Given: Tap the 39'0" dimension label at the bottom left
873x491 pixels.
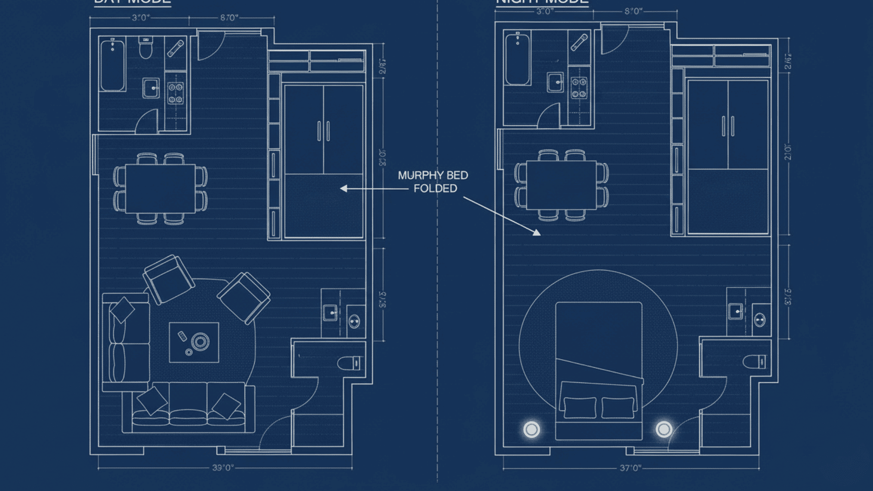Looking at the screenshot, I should pyautogui.click(x=223, y=468).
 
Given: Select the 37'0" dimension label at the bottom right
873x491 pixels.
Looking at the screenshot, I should pyautogui.click(x=630, y=468).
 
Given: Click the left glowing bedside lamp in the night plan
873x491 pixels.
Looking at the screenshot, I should pyautogui.click(x=532, y=429).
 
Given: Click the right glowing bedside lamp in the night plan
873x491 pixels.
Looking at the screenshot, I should pyautogui.click(x=664, y=429).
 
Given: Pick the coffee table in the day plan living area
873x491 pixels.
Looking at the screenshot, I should pyautogui.click(x=194, y=342).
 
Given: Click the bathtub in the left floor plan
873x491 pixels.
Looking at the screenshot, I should pyautogui.click(x=112, y=65).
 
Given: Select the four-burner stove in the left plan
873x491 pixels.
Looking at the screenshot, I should pyautogui.click(x=176, y=93).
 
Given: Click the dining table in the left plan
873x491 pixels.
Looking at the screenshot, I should pyautogui.click(x=161, y=189).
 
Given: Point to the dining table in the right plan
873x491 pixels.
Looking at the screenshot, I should pyautogui.click(x=561, y=185).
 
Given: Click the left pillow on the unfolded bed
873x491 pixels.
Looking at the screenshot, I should pyautogui.click(x=580, y=407).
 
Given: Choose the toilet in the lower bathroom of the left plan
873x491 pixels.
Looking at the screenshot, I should pyautogui.click(x=351, y=363).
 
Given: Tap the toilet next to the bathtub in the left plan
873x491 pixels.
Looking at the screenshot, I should pyautogui.click(x=145, y=48).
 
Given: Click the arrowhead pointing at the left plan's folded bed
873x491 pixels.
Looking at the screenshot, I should pyautogui.click(x=344, y=189).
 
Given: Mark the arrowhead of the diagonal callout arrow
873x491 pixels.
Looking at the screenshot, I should pyautogui.click(x=537, y=233).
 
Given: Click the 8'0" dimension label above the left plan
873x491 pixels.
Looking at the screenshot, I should pyautogui.click(x=229, y=18).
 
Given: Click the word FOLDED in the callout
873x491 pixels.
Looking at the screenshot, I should pyautogui.click(x=435, y=188).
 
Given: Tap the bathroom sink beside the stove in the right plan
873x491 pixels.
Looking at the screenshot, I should pyautogui.click(x=555, y=82).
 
